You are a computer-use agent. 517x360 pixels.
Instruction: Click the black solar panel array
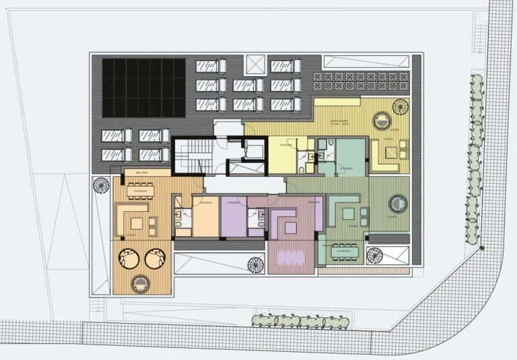coord(143,88)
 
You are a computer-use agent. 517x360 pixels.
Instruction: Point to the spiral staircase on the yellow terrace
coord(400,106)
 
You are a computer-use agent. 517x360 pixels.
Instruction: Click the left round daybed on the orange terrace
coord(128,257)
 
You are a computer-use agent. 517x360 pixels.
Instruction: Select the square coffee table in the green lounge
coord(348,213)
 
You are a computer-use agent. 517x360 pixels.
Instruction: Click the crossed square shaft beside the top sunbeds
coord(257,66)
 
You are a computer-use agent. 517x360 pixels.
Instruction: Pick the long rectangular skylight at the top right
coord(365,61)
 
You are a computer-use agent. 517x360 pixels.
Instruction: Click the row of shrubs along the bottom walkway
coord(300,321)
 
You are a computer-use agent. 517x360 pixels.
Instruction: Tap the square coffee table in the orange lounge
coord(139,221)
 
